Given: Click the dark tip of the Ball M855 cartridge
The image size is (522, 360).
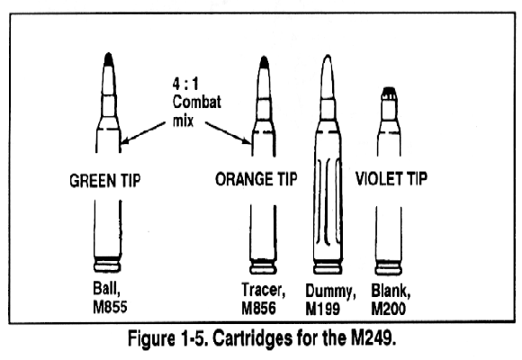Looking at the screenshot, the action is click(x=108, y=58).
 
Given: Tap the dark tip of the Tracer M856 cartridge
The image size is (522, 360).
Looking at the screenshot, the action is click(x=264, y=61).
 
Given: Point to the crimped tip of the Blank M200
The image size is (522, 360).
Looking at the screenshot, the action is click(x=389, y=93).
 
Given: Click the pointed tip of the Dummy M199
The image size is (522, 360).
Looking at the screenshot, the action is click(x=328, y=58).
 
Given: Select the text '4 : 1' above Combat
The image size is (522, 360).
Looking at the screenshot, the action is click(x=185, y=84).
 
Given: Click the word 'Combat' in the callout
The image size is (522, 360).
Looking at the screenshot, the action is click(x=197, y=102).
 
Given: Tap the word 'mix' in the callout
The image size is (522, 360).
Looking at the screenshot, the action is click(x=183, y=121).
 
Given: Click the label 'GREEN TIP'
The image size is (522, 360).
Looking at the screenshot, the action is click(x=105, y=181).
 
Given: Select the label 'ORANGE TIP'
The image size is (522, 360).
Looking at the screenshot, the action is click(x=256, y=179).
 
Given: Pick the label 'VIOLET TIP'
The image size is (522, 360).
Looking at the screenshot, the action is click(x=391, y=178).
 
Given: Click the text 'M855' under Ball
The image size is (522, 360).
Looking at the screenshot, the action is click(x=110, y=307).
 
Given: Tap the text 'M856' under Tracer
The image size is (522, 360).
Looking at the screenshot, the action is click(x=258, y=308).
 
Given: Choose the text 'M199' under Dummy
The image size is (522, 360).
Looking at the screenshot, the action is click(x=322, y=309).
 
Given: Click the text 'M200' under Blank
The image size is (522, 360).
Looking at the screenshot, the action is click(x=388, y=309).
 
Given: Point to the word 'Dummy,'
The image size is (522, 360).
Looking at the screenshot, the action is click(x=330, y=292).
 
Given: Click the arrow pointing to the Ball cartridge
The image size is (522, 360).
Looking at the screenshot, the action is click(x=143, y=133).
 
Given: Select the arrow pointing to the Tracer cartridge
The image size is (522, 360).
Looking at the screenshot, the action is click(x=228, y=133).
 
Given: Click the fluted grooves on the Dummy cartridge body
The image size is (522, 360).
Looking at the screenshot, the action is click(x=328, y=201).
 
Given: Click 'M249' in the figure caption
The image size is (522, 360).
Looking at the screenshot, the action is click(x=373, y=338).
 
